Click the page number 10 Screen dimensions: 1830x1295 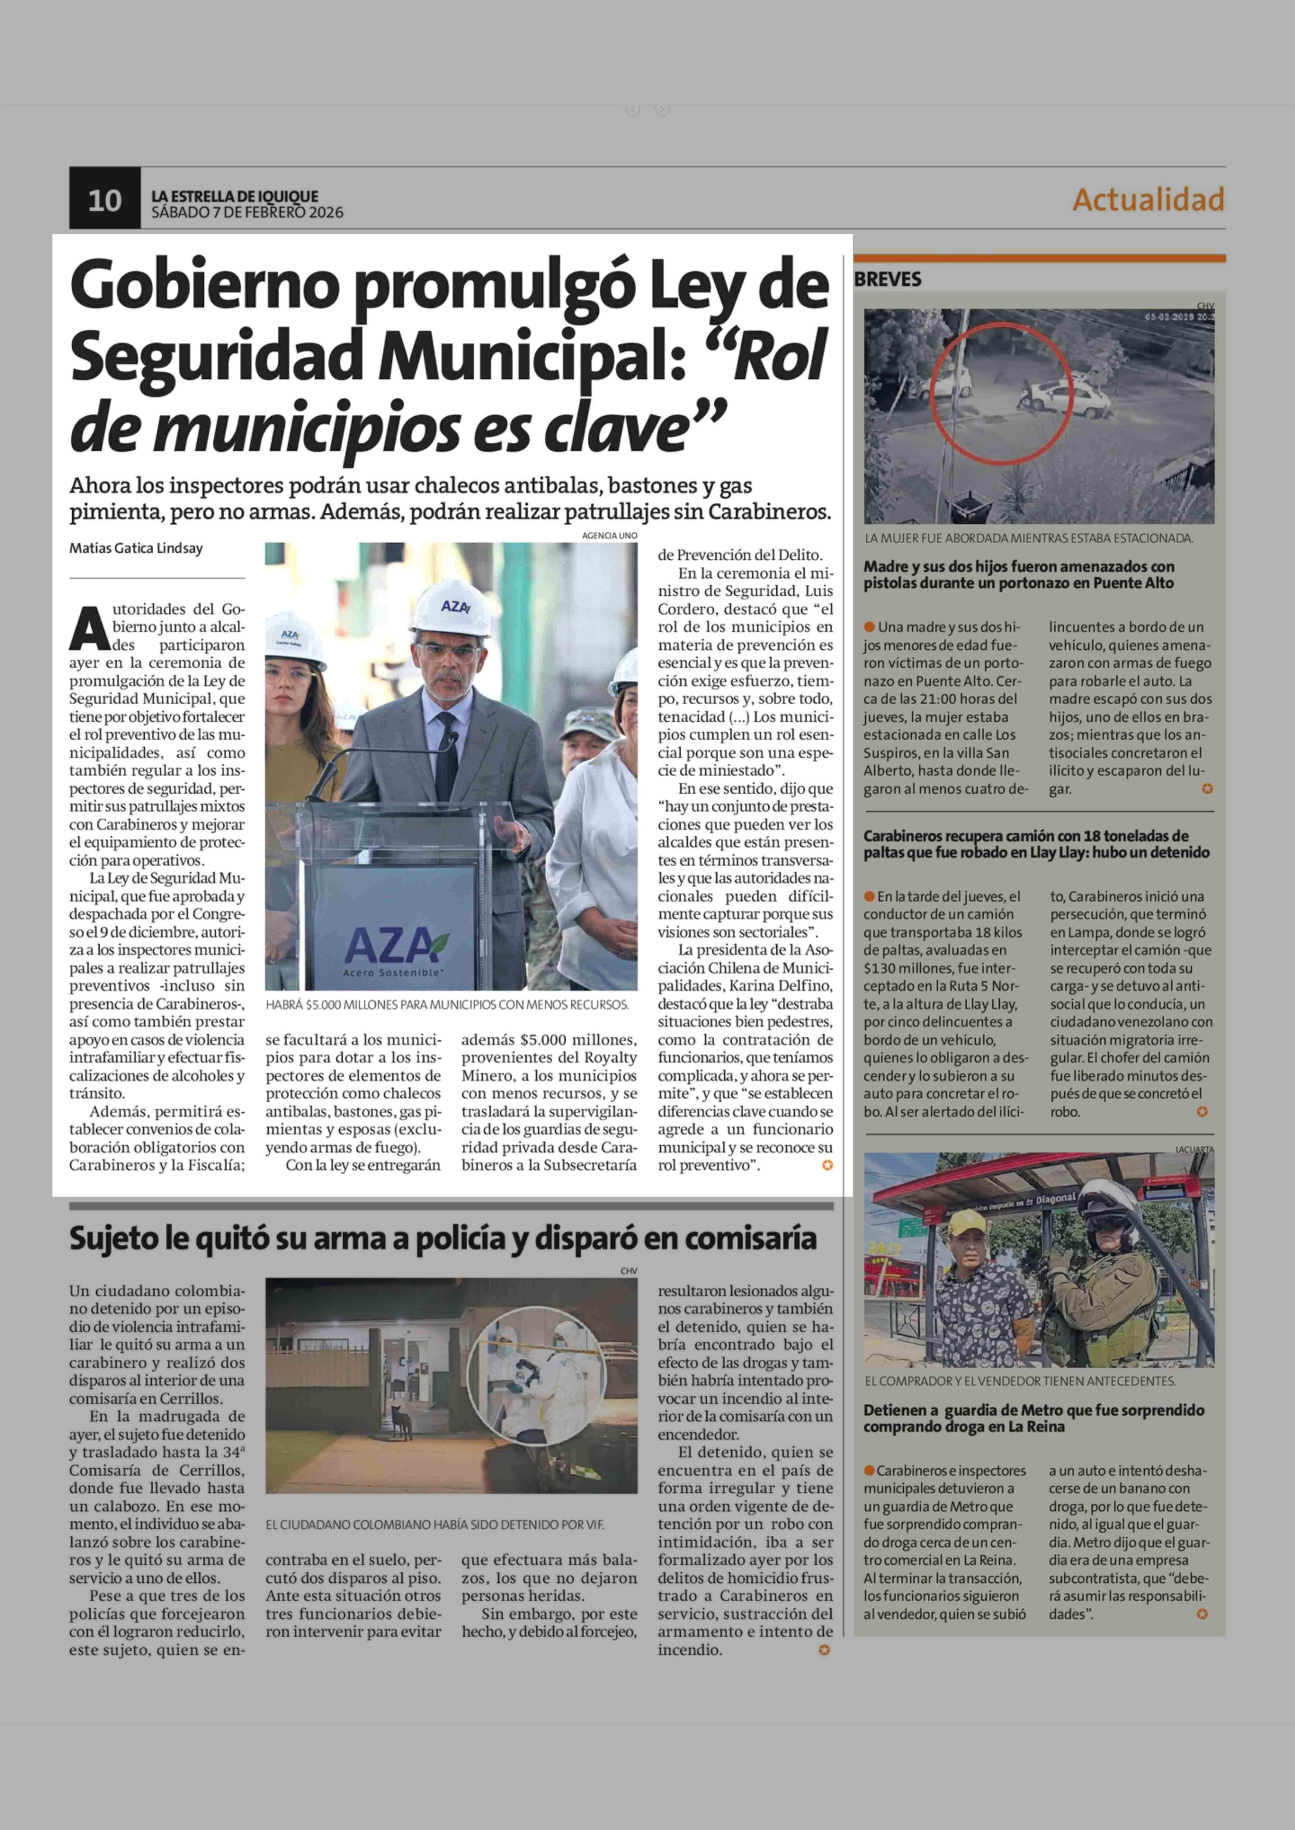tap(104, 200)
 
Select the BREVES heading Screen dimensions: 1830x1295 tap(887, 279)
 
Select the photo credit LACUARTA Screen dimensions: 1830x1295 tap(1194, 1149)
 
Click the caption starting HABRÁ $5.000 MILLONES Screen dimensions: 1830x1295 tap(447, 1005)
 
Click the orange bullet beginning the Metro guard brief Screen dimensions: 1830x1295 tap(869, 1470)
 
